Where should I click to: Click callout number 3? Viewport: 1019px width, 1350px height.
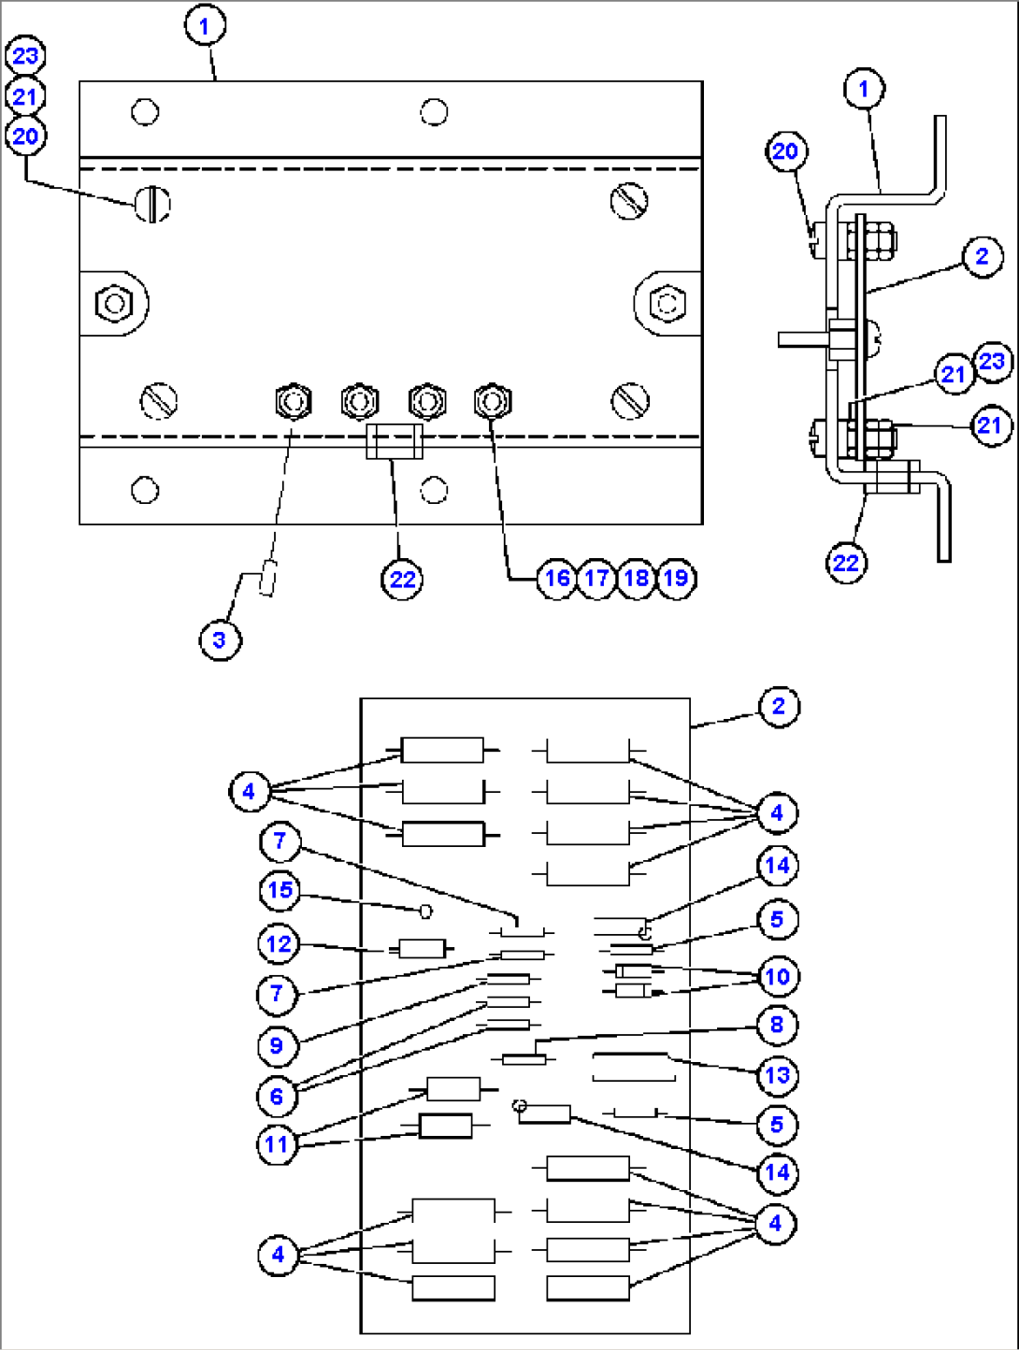220,640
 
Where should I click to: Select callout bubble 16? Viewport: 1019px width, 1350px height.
557,578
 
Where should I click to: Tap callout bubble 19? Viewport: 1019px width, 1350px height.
677,578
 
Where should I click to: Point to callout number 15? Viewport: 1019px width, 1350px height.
280,889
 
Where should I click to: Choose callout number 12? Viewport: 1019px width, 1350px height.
279,943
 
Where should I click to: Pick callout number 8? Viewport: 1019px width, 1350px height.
777,1024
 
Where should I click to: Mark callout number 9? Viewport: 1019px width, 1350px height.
277,1045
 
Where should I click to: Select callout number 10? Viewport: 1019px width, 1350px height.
777,976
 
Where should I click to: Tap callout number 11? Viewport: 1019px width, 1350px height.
277,1144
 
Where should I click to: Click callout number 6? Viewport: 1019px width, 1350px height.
277,1096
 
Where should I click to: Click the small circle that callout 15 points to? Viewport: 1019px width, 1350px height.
425,911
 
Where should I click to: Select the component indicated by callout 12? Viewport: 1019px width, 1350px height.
422,948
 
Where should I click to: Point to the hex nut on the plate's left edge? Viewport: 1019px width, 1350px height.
114,303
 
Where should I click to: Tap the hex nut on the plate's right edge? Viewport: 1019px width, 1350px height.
667,303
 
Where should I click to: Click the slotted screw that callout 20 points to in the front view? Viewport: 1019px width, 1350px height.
151,204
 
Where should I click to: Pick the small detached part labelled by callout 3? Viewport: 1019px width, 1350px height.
267,578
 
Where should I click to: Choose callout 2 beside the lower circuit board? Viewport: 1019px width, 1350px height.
779,706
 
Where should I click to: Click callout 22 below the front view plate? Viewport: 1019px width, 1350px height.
402,580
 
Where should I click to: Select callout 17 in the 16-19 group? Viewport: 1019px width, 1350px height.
596,578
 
